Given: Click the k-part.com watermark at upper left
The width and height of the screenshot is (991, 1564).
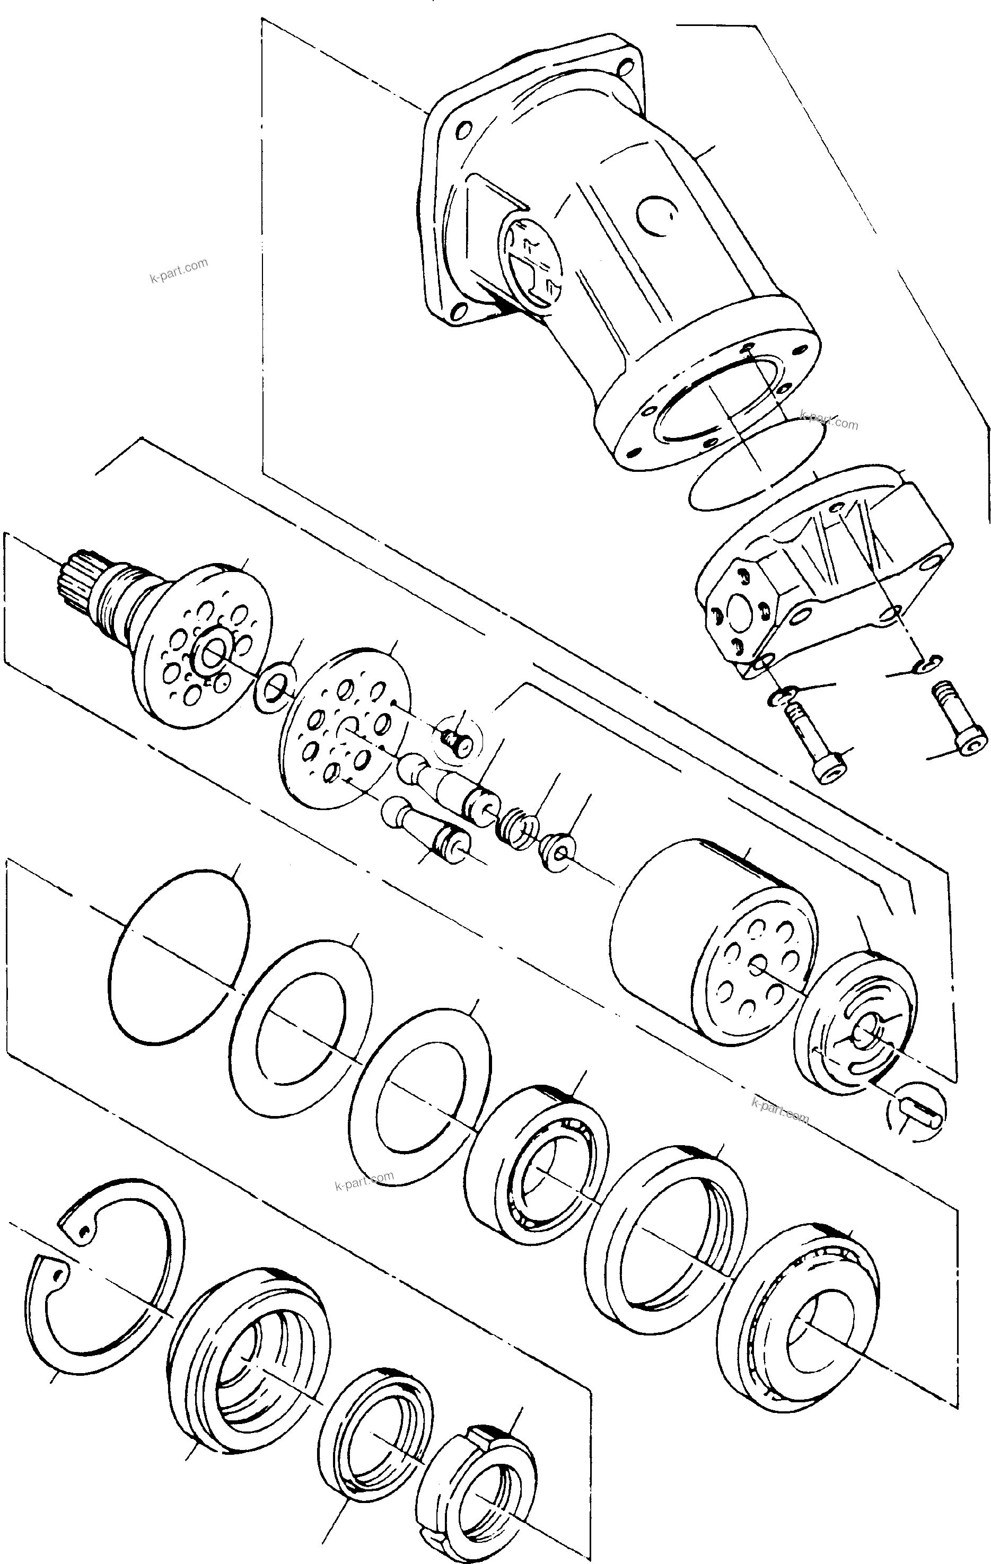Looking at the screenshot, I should [x=179, y=271].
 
